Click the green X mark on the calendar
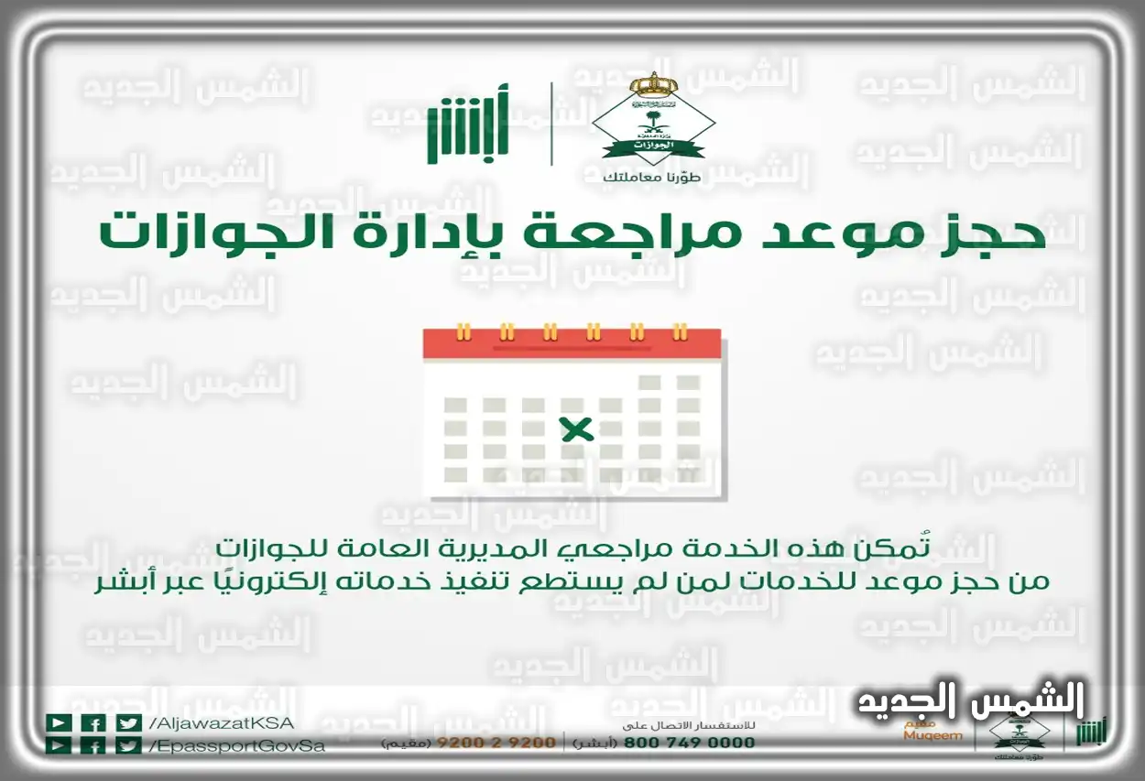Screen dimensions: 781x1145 tap(576, 428)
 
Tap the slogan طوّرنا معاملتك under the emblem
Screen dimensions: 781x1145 tap(652, 177)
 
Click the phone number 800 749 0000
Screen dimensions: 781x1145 tap(690, 743)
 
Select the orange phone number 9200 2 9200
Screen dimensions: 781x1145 tap(495, 743)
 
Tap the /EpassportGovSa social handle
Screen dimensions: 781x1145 tap(235, 745)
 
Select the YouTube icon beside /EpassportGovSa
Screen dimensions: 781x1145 tap(59, 745)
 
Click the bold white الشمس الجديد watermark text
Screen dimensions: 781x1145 tap(971, 701)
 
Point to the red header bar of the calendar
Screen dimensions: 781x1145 tap(572, 343)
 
